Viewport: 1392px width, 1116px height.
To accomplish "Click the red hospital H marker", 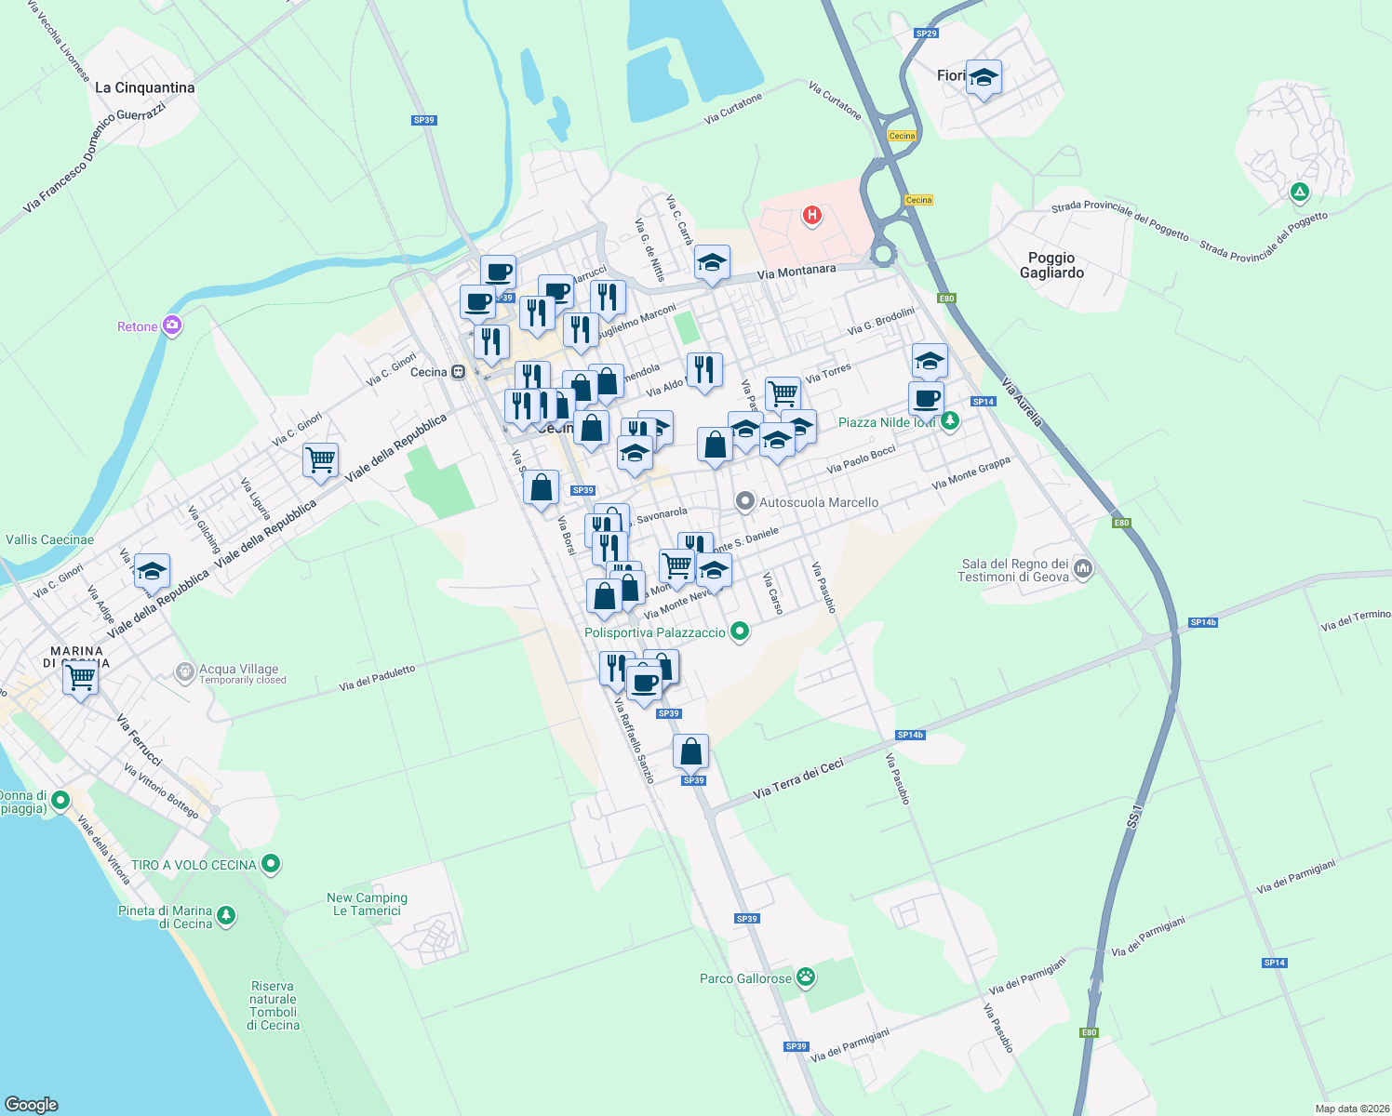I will click(x=812, y=216).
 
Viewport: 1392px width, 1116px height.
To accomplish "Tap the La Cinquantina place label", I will click(x=145, y=87).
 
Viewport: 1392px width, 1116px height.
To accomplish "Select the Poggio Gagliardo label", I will click(x=1051, y=265).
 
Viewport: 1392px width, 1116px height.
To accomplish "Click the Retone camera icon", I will click(x=171, y=325).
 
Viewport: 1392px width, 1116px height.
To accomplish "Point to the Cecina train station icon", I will click(x=458, y=372).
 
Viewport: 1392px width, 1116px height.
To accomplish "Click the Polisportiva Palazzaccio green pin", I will click(x=740, y=631).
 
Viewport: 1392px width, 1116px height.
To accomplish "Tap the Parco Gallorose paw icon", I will click(x=806, y=977).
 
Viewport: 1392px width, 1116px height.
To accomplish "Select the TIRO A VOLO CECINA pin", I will click(x=271, y=864).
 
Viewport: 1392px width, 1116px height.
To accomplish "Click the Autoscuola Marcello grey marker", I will click(x=744, y=502).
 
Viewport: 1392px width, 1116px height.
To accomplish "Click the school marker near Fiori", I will click(x=984, y=77).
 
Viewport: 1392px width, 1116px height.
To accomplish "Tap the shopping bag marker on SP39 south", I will click(x=690, y=751).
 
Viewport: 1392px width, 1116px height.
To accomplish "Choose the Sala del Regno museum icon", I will click(x=1082, y=568).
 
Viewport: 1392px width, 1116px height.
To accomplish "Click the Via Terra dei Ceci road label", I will click(x=798, y=778).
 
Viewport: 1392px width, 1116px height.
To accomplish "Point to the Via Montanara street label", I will click(x=796, y=272).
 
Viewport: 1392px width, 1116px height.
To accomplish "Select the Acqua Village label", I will click(x=238, y=669).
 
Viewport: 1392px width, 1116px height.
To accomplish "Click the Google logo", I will click(x=31, y=1104).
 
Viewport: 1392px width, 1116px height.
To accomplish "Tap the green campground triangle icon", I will click(x=1300, y=193).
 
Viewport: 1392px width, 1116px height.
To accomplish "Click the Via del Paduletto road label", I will click(x=377, y=678).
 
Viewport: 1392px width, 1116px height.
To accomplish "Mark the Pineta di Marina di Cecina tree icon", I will click(x=226, y=916).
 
